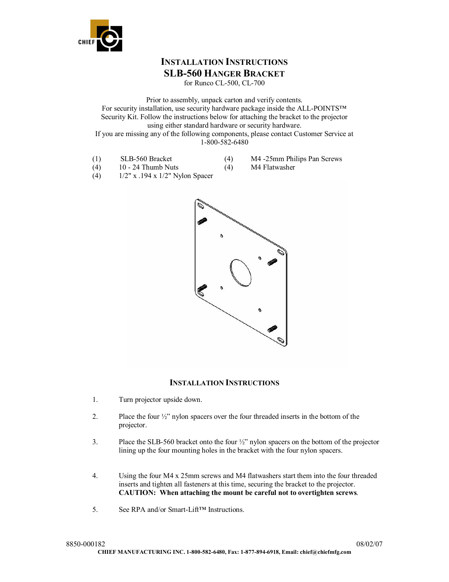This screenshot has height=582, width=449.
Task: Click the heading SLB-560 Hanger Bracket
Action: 224,74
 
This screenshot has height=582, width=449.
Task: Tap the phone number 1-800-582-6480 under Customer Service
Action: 224,142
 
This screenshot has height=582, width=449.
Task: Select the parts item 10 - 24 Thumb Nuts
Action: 149,167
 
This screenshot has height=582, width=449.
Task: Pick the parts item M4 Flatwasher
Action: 273,167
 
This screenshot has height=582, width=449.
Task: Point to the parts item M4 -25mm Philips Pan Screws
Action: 296,159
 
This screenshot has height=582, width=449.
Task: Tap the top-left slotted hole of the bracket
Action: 200,205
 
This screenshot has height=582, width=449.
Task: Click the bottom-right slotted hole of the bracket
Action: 281,341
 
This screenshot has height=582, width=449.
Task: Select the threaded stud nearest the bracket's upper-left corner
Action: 202,221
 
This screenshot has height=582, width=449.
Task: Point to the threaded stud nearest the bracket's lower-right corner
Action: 272,329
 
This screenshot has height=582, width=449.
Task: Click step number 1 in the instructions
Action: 95,400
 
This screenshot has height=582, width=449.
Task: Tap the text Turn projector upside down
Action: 160,400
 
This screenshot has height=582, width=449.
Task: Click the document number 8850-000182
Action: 86,544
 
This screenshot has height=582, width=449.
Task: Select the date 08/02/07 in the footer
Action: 369,544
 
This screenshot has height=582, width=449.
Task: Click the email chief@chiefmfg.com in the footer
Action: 325,552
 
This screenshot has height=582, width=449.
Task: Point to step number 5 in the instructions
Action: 95,510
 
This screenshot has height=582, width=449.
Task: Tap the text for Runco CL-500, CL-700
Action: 224,83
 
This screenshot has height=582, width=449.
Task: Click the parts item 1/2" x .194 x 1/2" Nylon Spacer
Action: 166,176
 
